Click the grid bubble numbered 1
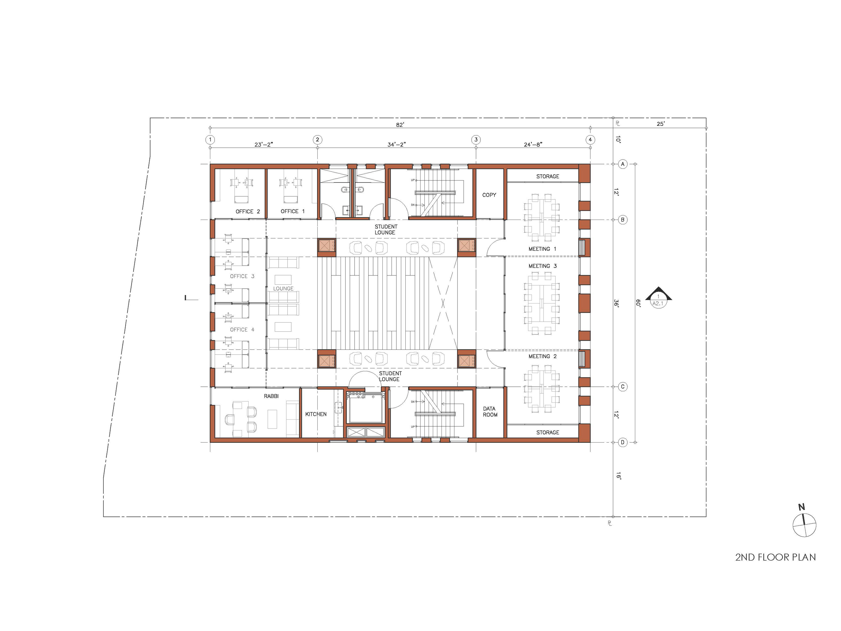[x=210, y=140]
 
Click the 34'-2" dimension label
[x=397, y=144]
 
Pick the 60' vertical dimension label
[x=638, y=303]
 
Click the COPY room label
[x=489, y=195]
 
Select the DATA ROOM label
[x=490, y=411]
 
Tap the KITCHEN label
[x=316, y=414]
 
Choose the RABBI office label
[x=271, y=396]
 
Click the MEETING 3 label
[x=542, y=266]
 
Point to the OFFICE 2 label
[x=248, y=211]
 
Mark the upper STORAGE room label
[x=547, y=176]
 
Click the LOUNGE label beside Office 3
[x=283, y=288]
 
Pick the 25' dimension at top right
[x=660, y=124]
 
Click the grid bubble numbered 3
[x=476, y=140]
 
